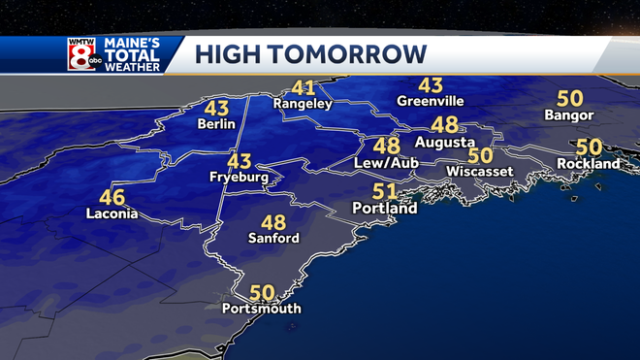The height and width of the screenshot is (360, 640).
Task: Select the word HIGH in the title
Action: [x=230, y=54]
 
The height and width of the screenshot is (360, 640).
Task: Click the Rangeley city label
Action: [x=303, y=104]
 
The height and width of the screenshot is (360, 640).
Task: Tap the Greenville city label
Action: [x=431, y=101]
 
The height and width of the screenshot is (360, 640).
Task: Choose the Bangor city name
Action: [x=569, y=115]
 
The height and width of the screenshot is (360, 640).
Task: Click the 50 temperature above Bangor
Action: [x=569, y=99]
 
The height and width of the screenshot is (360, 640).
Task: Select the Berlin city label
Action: [x=217, y=125]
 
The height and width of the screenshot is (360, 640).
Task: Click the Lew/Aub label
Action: [x=385, y=163]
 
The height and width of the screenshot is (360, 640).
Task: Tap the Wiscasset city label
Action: [x=478, y=172]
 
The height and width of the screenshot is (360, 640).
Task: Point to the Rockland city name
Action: [x=588, y=164]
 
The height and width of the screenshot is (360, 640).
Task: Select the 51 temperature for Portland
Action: [x=385, y=191]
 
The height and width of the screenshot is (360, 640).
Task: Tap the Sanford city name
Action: [x=273, y=238]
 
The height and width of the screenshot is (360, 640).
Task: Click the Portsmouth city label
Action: [x=262, y=309]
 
